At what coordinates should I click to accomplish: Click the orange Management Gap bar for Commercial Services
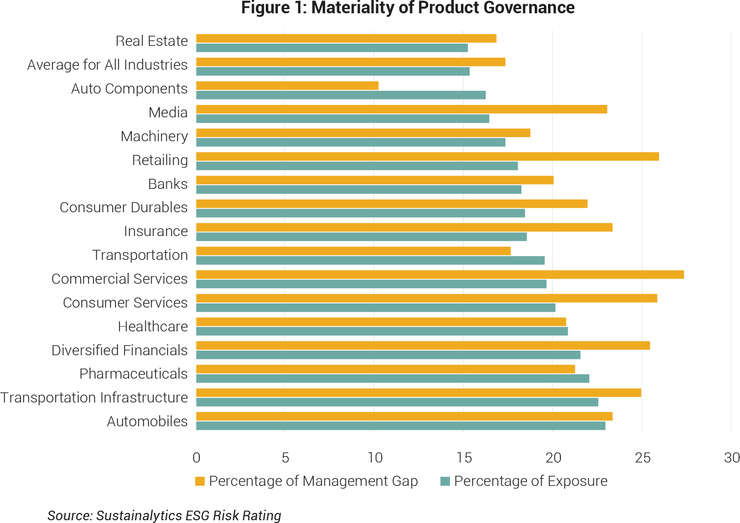pyautogui.click(x=440, y=275)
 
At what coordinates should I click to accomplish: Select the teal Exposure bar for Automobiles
pyautogui.click(x=400, y=426)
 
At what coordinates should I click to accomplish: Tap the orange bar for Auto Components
pyautogui.click(x=287, y=86)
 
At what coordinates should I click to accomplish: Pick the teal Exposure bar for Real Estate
pyautogui.click(x=332, y=48)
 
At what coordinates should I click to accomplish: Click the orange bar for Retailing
pyautogui.click(x=428, y=156)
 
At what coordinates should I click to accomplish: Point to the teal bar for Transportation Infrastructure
pyautogui.click(x=397, y=402)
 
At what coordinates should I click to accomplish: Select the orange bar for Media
pyautogui.click(x=401, y=109)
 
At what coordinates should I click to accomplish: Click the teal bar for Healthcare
pyautogui.click(x=382, y=331)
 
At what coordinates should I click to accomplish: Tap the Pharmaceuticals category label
pyautogui.click(x=133, y=374)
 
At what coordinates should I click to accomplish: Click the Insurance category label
pyautogui.click(x=156, y=231)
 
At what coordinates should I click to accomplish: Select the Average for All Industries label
pyautogui.click(x=107, y=65)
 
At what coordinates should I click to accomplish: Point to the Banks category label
pyautogui.click(x=168, y=184)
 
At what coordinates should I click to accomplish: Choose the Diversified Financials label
pyautogui.click(x=120, y=350)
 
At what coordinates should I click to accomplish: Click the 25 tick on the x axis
pyautogui.click(x=642, y=457)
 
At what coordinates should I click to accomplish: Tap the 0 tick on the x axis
pyautogui.click(x=197, y=457)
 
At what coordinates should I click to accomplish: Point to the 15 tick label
pyautogui.click(x=464, y=457)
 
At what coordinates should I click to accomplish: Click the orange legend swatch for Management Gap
pyautogui.click(x=200, y=481)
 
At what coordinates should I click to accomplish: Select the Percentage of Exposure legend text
pyautogui.click(x=531, y=481)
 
